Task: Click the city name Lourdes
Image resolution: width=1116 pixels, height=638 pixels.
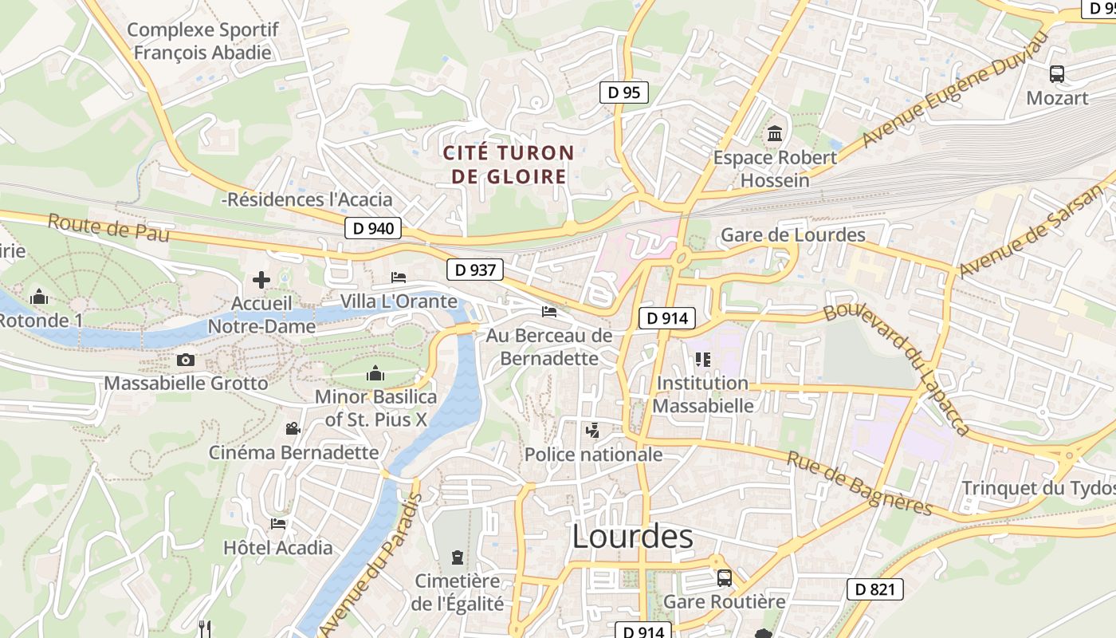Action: click(632, 538)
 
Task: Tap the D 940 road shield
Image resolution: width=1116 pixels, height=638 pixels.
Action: click(373, 229)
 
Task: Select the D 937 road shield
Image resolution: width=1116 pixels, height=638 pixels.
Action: click(475, 270)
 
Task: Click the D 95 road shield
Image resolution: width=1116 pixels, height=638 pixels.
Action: click(623, 93)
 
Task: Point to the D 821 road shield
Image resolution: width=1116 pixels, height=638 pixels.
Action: click(875, 590)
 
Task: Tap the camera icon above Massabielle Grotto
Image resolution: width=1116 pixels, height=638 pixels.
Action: click(186, 360)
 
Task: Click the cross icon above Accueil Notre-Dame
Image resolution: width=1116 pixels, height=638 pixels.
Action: click(261, 280)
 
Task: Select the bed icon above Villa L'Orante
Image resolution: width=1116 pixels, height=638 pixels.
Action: click(399, 278)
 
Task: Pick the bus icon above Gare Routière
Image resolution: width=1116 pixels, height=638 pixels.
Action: click(724, 577)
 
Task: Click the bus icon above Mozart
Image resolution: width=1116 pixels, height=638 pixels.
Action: click(1057, 74)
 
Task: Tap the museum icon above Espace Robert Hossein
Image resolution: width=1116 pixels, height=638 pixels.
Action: click(775, 133)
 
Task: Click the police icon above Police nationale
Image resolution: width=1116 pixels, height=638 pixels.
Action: click(592, 431)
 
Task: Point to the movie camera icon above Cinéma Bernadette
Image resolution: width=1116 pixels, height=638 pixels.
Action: click(293, 428)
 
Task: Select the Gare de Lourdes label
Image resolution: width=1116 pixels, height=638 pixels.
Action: click(792, 234)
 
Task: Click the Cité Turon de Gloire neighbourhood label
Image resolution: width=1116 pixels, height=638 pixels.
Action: click(509, 164)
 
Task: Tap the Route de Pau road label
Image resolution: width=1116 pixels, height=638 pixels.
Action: click(99, 229)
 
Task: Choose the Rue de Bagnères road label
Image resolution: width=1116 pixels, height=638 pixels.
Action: click(859, 482)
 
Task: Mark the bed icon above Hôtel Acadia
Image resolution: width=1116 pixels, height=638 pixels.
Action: click(277, 524)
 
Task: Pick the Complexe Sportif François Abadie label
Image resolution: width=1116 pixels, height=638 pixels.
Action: click(202, 41)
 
